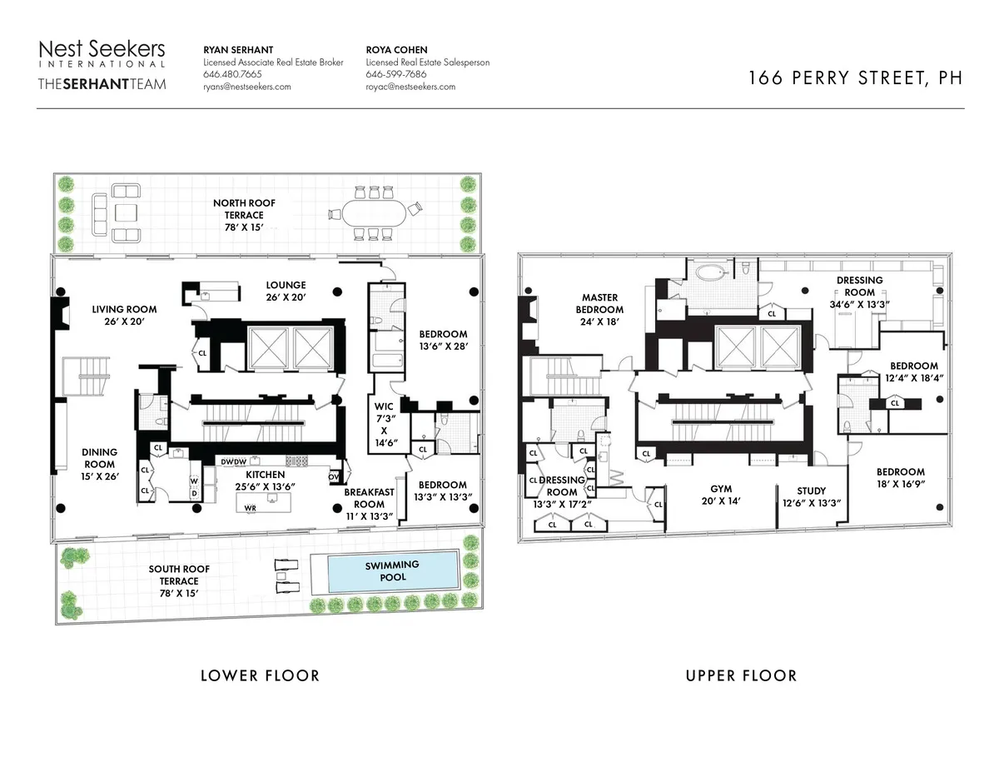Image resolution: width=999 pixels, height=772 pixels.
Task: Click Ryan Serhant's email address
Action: coord(247,87)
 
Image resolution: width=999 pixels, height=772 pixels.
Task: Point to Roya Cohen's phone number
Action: coord(396,74)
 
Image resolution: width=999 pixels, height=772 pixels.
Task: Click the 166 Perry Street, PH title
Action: coord(855,78)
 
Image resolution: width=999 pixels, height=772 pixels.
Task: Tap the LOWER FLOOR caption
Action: coord(260,675)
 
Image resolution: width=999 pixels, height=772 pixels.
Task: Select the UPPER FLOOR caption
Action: coord(741,675)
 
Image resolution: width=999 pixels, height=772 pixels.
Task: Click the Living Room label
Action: coord(124,309)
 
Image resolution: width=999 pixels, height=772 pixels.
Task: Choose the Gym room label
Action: coord(720,490)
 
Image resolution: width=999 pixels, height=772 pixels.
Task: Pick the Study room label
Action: coord(811,491)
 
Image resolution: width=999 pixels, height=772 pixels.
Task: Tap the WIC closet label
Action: coord(385,407)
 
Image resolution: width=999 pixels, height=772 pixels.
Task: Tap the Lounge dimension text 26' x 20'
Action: coord(286,297)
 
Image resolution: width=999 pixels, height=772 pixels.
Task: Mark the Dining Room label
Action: coord(99,458)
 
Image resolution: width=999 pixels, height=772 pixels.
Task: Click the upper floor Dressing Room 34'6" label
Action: coord(859,281)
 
